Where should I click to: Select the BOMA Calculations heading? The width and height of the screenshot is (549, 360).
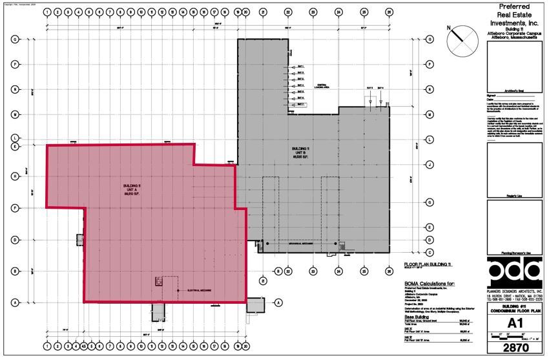430,283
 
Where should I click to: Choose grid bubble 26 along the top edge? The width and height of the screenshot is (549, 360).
389,12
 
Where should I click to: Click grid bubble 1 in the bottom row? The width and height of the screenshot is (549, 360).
47,346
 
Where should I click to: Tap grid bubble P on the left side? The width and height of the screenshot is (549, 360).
15,65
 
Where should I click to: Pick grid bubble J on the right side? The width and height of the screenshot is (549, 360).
430,165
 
